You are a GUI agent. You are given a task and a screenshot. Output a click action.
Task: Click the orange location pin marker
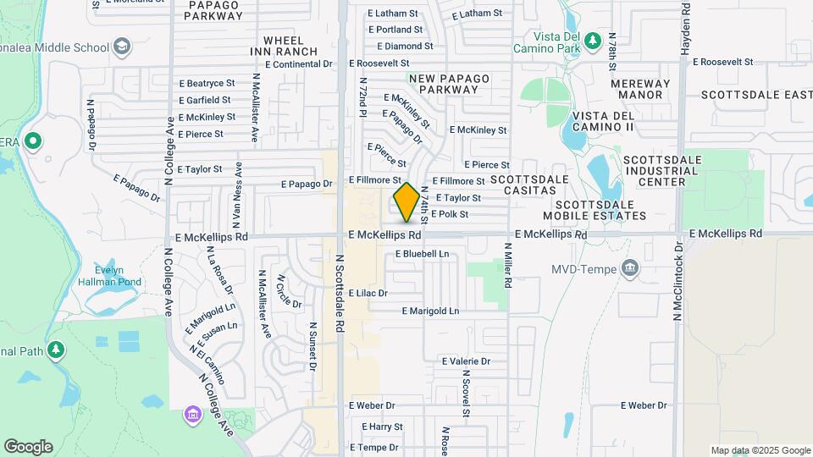[x=406, y=201]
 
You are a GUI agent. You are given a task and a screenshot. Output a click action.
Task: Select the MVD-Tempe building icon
[x=630, y=269]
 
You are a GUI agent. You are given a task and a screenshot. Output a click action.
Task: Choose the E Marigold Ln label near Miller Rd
[x=430, y=311]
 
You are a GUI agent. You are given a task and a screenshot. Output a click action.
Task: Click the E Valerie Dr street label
[x=466, y=361]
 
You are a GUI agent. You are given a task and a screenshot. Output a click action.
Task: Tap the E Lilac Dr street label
[x=366, y=293]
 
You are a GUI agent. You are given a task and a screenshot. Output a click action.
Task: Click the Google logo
[x=28, y=447]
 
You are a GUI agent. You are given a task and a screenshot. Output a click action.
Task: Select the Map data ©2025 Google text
[x=760, y=450]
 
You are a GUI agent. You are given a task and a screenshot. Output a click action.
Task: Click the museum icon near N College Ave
[x=192, y=414]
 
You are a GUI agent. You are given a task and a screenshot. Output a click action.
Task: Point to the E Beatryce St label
[x=207, y=84]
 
